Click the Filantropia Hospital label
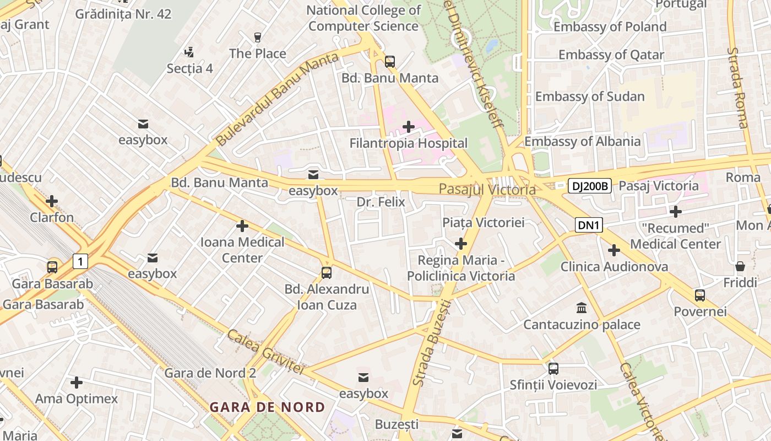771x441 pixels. coord(408,143)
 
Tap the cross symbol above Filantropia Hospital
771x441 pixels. coord(408,127)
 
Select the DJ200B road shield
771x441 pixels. coord(590,186)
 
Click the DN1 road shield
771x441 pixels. coord(589,225)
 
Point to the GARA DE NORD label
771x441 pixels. coord(267,407)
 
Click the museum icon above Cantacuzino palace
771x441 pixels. coord(581,308)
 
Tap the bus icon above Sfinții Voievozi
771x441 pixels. coord(553,368)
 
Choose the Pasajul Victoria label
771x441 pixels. coord(487,190)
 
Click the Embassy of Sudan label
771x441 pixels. coord(590,96)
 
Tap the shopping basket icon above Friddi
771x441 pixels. coord(740,267)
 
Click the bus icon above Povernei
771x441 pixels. coord(699,295)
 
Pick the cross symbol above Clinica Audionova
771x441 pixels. coord(614,250)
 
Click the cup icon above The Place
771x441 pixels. coord(257,37)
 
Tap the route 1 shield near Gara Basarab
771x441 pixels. coord(80,261)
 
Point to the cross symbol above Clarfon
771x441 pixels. coord(52,201)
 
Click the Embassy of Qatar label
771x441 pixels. coord(611,55)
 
